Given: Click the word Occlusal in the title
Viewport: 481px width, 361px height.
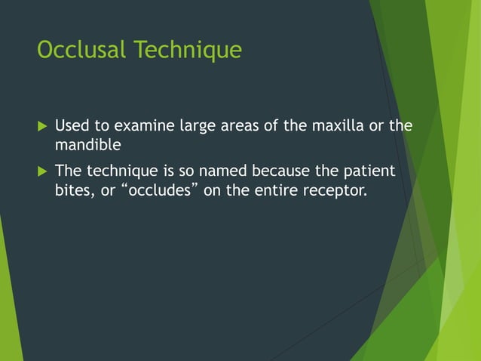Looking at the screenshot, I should (82, 50).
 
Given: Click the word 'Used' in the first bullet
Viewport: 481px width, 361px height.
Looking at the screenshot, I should (70, 125).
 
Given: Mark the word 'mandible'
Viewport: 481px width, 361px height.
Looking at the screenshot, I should (87, 143).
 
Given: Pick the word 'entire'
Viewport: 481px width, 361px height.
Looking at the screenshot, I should (274, 190).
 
